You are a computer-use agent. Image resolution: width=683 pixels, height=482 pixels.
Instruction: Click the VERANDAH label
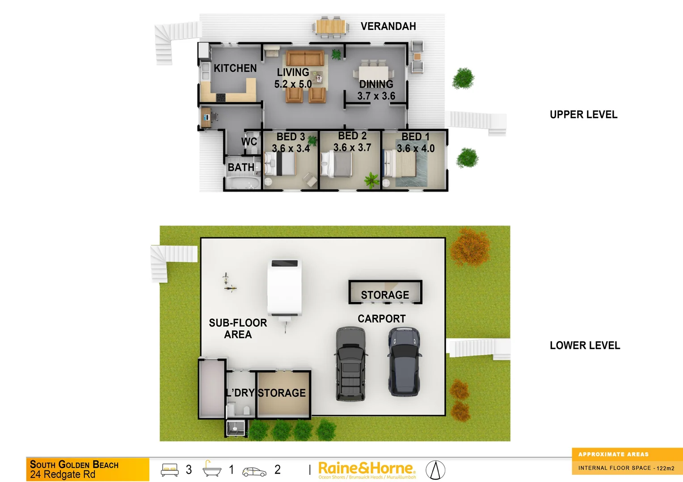point(388,26)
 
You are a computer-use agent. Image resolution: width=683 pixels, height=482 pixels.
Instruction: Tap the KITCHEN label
point(235,68)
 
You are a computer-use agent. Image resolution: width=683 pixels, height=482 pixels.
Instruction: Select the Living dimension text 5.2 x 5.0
point(293,84)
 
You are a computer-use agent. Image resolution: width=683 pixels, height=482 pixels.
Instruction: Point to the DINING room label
point(376,84)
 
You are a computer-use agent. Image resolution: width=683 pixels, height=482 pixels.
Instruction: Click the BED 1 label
point(415,137)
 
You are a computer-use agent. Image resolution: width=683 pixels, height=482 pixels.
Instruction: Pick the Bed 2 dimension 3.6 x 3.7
point(352,147)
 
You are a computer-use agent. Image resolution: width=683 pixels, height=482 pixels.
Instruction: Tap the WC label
point(249,141)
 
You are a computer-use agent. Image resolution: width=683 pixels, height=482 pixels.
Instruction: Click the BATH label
point(241,167)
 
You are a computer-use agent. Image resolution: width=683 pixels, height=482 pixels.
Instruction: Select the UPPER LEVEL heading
point(583,115)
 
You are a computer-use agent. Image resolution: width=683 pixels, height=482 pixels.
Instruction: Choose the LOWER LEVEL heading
point(585,345)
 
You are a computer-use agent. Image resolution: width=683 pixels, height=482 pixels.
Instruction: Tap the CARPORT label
point(381,319)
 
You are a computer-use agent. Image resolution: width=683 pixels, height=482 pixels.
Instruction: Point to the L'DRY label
point(240,393)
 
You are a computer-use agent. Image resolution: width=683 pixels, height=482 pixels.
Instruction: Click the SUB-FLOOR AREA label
point(238,328)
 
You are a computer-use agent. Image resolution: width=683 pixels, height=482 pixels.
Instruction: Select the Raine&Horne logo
point(367,470)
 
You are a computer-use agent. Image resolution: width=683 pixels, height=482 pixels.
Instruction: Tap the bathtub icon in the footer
point(211,469)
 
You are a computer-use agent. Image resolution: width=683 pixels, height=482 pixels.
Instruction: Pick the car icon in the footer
point(254,471)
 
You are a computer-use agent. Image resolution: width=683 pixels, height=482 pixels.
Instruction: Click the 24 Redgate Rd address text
point(63,474)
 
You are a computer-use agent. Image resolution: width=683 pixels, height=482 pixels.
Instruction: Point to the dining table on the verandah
point(331,26)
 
